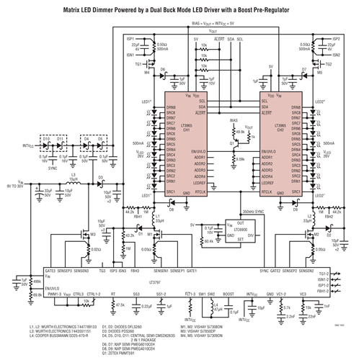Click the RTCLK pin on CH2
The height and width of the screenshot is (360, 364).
[x=267, y=192]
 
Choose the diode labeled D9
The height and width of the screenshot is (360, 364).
[x=296, y=208]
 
